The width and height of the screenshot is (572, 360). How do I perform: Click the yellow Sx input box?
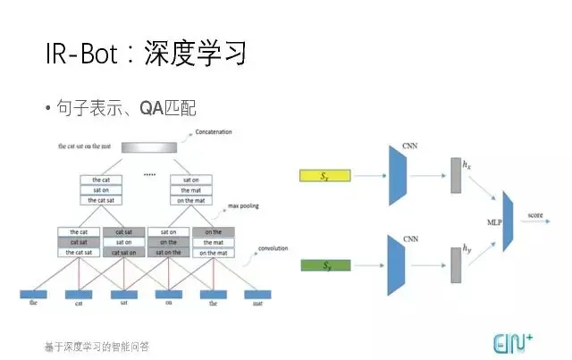tap(325, 177)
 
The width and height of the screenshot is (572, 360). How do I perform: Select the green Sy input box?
tap(325, 265)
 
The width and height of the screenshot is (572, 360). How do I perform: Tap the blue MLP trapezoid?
tap(509, 219)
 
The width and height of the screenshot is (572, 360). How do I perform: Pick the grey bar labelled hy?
tap(456, 265)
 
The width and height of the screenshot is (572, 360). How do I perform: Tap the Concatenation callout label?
tap(213, 133)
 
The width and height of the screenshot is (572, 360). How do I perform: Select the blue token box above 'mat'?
tap(258, 293)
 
